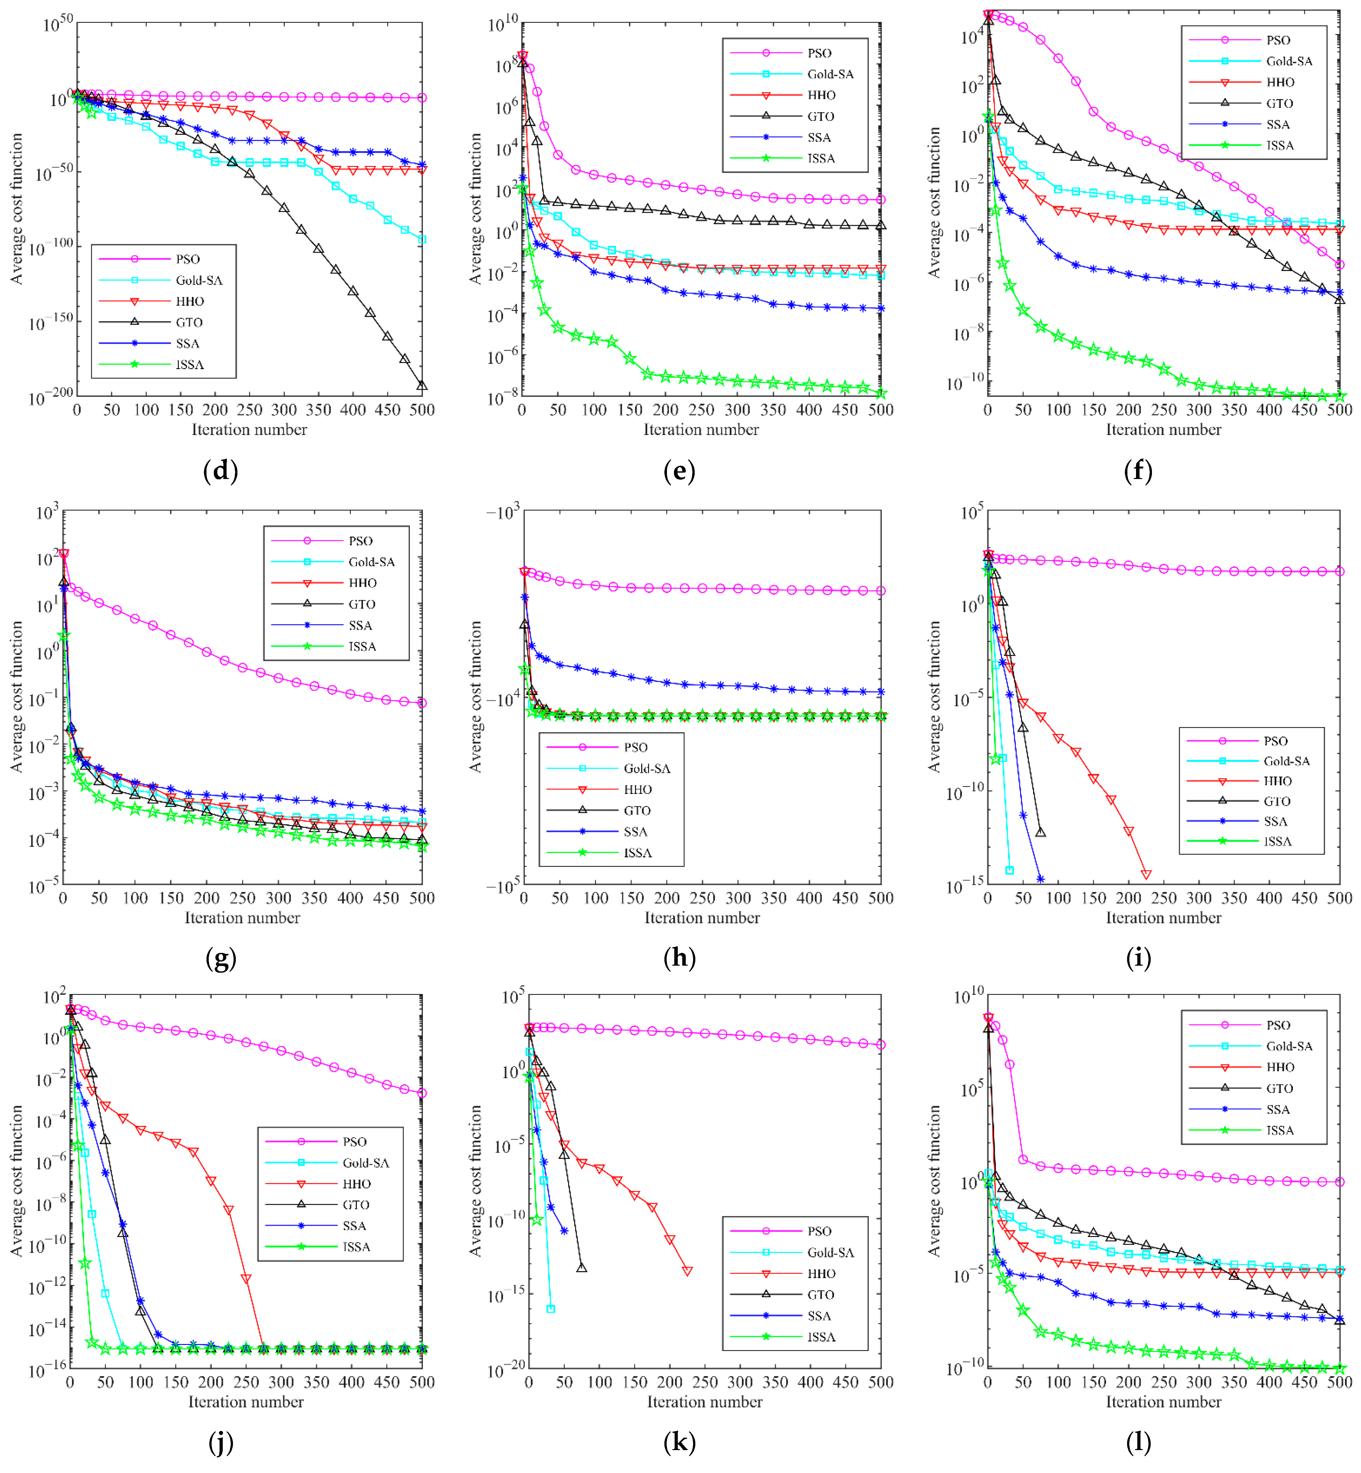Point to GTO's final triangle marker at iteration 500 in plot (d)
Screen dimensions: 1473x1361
point(422,385)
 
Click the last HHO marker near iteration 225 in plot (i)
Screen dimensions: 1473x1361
point(1146,875)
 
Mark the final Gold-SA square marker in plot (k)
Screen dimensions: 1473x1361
point(550,1309)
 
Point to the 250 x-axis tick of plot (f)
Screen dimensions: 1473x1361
point(1164,410)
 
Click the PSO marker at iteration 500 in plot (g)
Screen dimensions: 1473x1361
point(422,703)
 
